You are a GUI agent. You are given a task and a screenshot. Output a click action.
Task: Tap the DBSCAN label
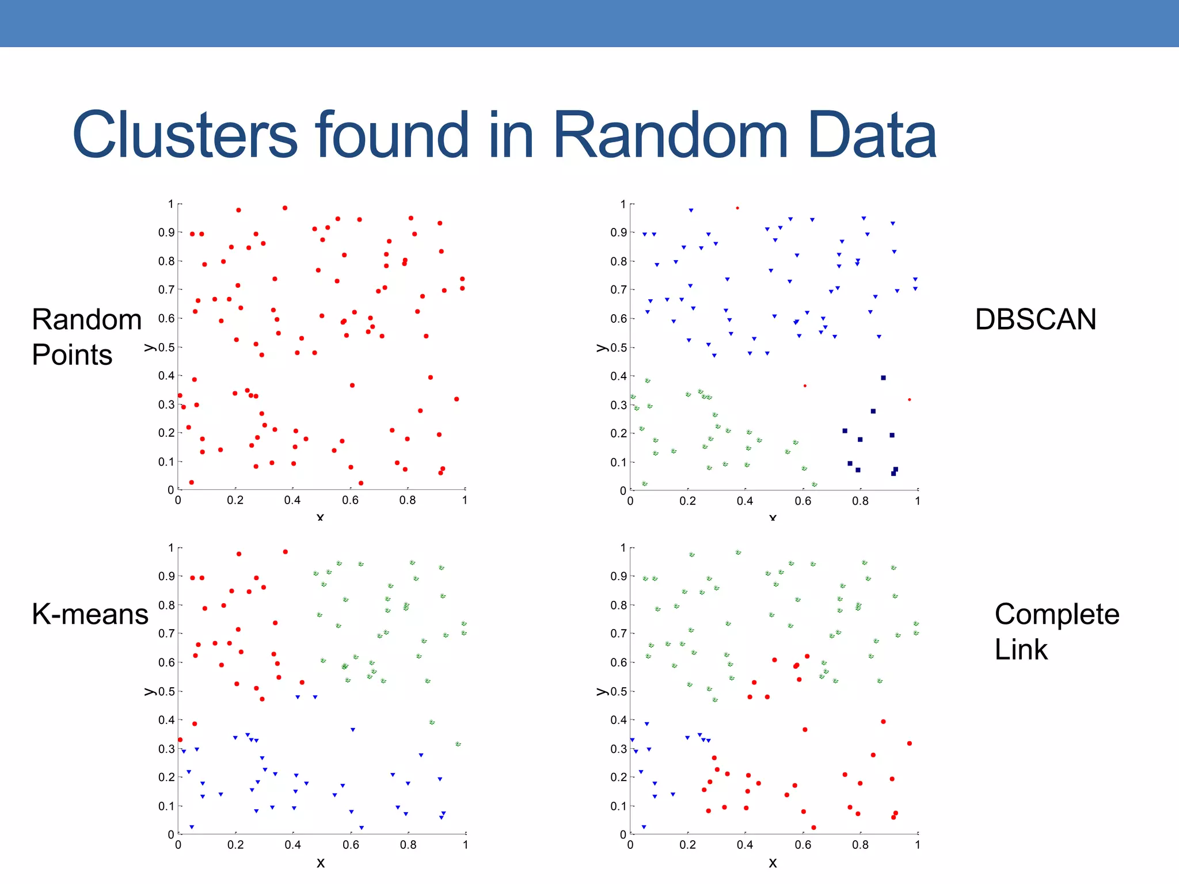click(1035, 319)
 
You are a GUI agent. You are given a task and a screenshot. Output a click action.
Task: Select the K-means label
click(90, 614)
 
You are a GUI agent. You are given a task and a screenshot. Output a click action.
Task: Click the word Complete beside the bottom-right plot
click(1057, 614)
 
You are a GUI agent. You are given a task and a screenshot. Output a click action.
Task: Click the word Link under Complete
click(1021, 650)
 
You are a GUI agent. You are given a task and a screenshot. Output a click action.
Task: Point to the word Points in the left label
click(72, 355)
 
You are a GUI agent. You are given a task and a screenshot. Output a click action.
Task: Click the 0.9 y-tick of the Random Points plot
click(166, 233)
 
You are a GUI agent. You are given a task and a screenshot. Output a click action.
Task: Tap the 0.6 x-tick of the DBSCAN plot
click(803, 501)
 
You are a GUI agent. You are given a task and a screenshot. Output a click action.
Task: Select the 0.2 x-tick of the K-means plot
click(235, 845)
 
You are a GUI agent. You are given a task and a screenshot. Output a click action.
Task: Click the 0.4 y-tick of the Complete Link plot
click(618, 720)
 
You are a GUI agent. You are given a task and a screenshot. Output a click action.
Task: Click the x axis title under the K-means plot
click(321, 863)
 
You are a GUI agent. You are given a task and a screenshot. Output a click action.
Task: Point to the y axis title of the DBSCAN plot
click(602, 348)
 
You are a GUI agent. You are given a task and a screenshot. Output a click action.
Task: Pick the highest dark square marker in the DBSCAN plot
click(883, 378)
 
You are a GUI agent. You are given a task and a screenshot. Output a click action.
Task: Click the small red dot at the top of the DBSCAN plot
click(737, 208)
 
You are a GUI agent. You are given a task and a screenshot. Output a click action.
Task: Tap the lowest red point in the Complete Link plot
click(813, 828)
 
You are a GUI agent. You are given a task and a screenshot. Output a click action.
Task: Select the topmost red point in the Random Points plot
click(285, 208)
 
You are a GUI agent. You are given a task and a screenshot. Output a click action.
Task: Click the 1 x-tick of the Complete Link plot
click(918, 845)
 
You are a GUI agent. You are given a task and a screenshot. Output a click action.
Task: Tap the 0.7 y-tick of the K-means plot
click(166, 634)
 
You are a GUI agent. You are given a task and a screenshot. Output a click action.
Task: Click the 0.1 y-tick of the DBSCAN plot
click(618, 462)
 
